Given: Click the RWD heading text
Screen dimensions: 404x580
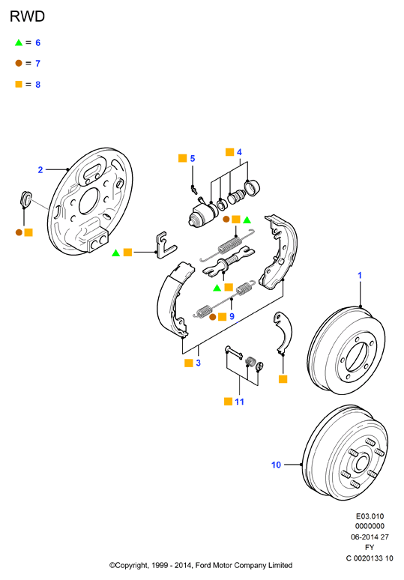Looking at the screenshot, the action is [x=28, y=16].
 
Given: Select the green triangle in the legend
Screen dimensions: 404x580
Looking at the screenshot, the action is [x=19, y=43].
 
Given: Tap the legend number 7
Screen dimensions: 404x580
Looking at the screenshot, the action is [x=37, y=64].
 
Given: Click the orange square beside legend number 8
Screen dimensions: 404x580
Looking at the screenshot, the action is [x=19, y=85].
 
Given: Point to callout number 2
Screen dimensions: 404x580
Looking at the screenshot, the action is [x=40, y=170].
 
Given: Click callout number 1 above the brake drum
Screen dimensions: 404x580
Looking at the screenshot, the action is [x=360, y=276].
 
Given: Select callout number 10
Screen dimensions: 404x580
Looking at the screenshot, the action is [x=277, y=465].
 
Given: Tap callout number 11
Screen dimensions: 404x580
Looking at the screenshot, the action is [x=239, y=402].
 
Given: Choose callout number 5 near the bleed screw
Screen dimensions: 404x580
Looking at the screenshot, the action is [x=193, y=158].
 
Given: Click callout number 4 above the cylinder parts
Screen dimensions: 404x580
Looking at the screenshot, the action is [x=239, y=152].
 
